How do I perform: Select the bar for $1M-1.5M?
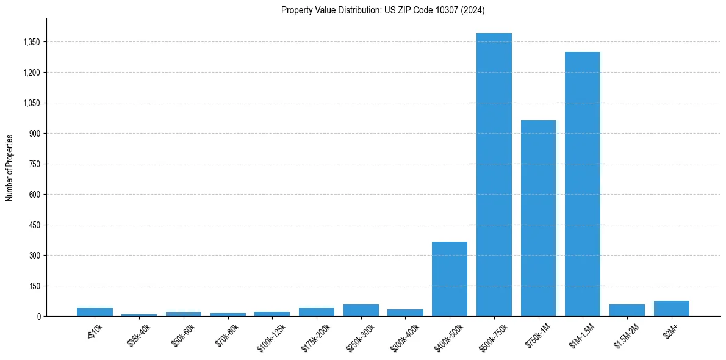[583, 184]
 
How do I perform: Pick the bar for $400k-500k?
[450, 279]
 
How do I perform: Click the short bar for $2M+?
[672, 309]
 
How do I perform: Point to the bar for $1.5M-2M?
[627, 311]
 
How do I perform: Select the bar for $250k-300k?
[361, 311]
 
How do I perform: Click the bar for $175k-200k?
[317, 312]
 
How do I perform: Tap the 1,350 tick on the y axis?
[31, 42]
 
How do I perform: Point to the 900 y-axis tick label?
[34, 134]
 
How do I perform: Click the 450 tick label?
[34, 225]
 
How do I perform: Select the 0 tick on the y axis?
[38, 317]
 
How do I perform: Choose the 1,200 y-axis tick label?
[31, 73]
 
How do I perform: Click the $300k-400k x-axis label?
[405, 335]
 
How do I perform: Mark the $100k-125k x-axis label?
[271, 336]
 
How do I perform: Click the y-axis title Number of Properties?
[9, 168]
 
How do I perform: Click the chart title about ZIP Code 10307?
[383, 10]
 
